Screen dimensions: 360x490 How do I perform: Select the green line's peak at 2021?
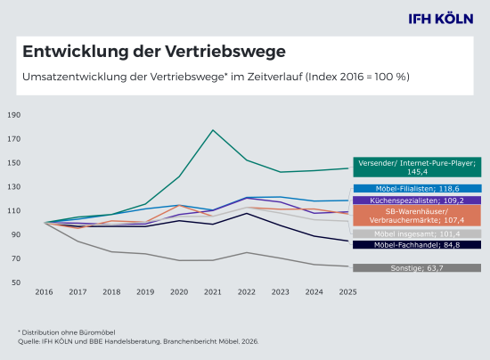[x=212, y=130]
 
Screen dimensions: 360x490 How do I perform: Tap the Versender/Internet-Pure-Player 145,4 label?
[x=417, y=167]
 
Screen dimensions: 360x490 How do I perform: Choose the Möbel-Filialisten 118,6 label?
[x=417, y=189]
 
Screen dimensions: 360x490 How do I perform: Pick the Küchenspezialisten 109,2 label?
[x=417, y=200]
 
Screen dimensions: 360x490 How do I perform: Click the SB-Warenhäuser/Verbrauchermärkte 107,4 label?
[x=417, y=217]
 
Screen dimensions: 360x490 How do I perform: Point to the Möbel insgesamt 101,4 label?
[x=417, y=233]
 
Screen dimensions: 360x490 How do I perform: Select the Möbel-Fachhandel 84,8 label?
[x=417, y=244]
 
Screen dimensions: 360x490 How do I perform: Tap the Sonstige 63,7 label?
[x=417, y=267]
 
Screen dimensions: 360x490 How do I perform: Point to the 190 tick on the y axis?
[x=13, y=115]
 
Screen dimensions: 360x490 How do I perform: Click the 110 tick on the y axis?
[x=13, y=210]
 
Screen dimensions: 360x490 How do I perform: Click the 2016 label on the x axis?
[x=45, y=291]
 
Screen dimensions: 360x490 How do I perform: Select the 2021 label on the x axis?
[x=212, y=291]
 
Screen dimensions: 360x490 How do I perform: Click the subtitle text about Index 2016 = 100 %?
[x=216, y=77]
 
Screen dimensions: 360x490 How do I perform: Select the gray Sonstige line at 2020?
[x=179, y=260]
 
